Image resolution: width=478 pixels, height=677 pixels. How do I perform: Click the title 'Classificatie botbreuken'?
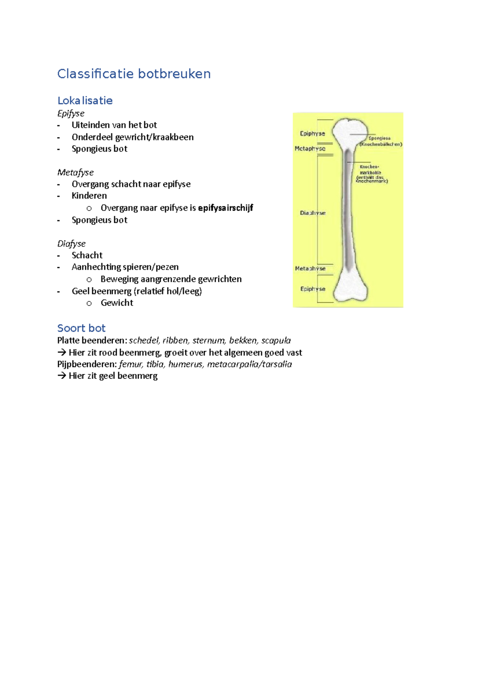click(x=134, y=74)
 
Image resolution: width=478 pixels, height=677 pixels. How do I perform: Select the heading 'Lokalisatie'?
click(x=85, y=100)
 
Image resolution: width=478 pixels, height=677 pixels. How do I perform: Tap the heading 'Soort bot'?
click(x=81, y=328)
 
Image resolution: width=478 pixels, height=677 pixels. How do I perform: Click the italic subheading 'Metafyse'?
click(x=76, y=172)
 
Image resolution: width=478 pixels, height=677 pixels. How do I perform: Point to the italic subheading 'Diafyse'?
click(x=71, y=244)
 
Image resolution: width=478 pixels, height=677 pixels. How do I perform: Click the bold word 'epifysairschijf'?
click(x=225, y=208)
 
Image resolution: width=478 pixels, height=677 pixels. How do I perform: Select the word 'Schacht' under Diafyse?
click(x=87, y=255)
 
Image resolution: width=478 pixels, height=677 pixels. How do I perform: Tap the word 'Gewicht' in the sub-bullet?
click(x=117, y=303)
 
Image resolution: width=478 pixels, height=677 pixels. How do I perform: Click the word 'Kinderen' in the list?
click(x=89, y=196)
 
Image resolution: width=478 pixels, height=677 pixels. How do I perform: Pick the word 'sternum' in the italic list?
click(x=208, y=340)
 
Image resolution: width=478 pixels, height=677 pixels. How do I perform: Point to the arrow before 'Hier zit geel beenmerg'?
click(x=61, y=376)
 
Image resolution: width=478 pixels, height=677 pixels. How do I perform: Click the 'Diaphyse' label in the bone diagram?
click(x=313, y=213)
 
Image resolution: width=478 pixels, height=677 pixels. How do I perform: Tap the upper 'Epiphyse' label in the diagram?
click(x=312, y=134)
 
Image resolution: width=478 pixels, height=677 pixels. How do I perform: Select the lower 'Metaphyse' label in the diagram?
click(x=310, y=268)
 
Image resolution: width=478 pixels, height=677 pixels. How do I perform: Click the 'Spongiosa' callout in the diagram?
click(x=379, y=138)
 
